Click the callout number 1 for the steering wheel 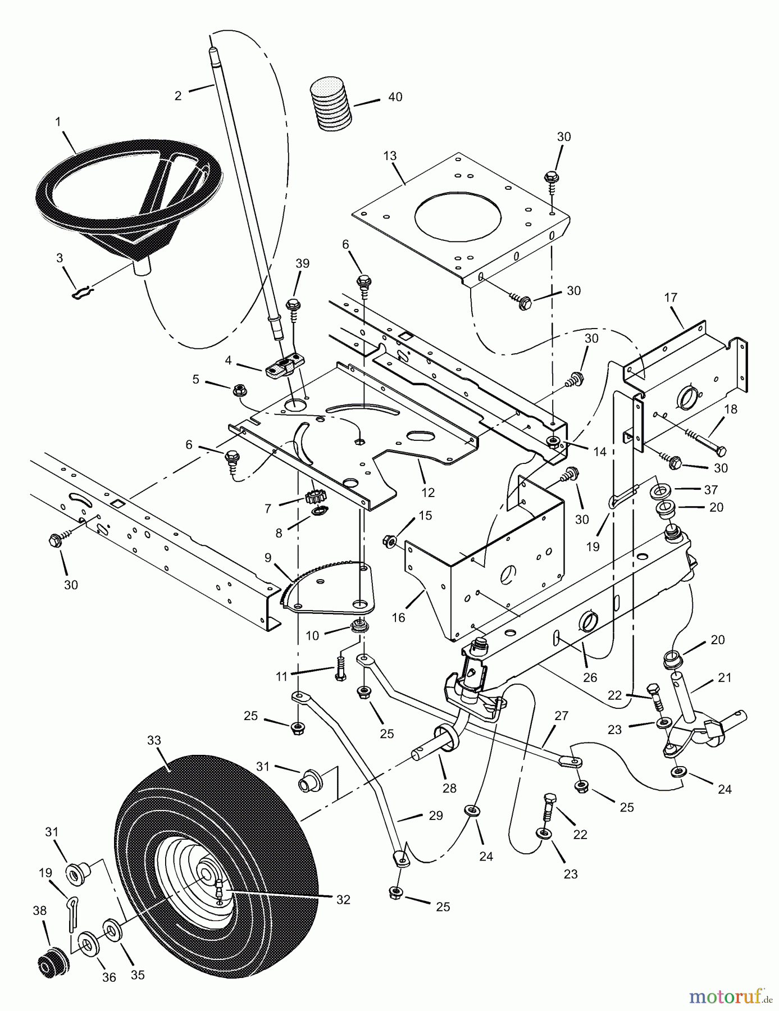point(58,121)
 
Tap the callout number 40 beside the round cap point(395,97)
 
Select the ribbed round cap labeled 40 point(331,106)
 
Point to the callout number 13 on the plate point(390,155)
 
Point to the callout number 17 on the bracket point(671,297)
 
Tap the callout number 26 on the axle point(590,677)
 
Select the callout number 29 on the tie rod point(436,816)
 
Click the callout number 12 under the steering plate point(428,493)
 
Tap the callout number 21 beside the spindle point(725,678)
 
